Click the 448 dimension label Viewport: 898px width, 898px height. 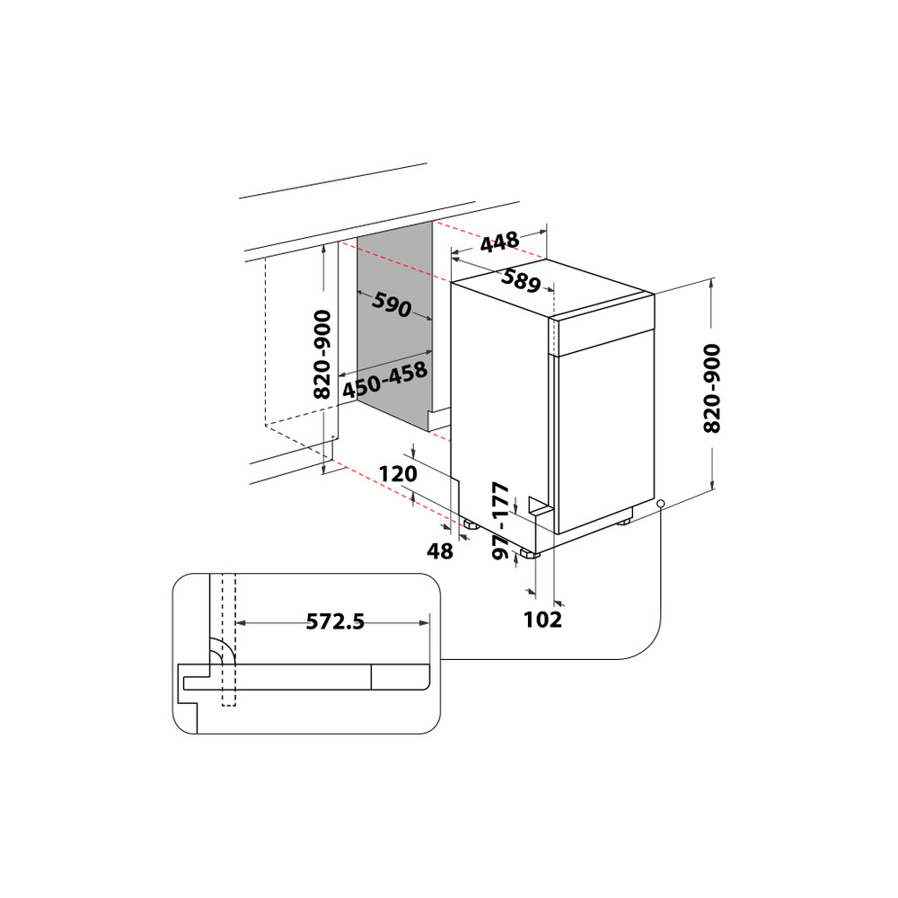pos(499,242)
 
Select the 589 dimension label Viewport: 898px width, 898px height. pos(521,281)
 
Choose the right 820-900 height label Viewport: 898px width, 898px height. pos(711,388)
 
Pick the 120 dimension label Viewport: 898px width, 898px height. pos(399,474)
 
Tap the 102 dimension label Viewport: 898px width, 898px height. pos(544,620)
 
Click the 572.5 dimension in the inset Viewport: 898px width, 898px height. pos(335,621)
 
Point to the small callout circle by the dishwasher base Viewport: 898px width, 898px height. pos(661,504)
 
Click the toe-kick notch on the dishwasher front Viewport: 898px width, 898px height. pos(539,506)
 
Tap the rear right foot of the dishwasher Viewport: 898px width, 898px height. pos(623,520)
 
